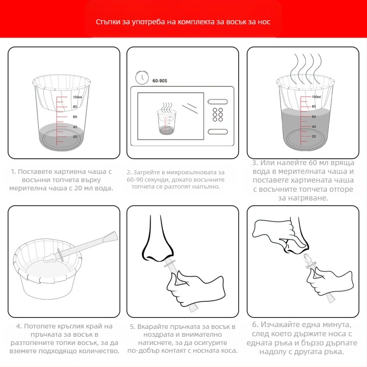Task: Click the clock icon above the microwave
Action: [x=142, y=77]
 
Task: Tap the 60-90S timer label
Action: [x=160, y=81]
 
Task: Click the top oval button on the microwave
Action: [x=217, y=101]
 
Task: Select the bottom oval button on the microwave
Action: [x=217, y=132]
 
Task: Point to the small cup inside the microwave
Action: [x=167, y=122]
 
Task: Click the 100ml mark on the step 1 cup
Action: [x=77, y=97]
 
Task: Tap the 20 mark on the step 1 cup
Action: [x=75, y=137]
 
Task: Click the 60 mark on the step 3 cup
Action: [x=314, y=117]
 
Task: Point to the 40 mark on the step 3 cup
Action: [x=314, y=127]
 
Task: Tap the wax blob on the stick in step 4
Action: [x=50, y=258]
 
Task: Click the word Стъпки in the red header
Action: [x=108, y=22]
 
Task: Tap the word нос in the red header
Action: [x=264, y=22]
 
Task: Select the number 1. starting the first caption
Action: [x=13, y=172]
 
